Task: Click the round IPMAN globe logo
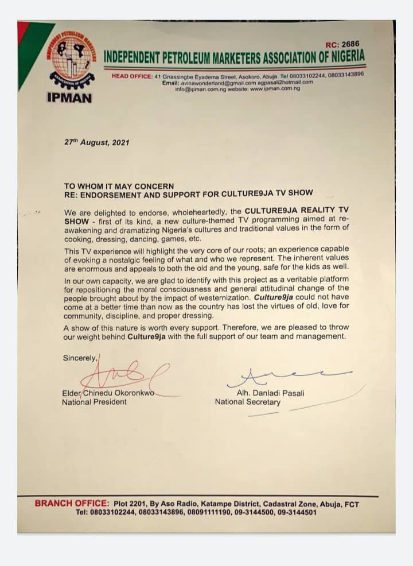coord(72,59)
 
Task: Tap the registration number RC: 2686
coord(344,44)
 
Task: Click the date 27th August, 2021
coord(96,142)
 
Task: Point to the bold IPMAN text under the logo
coord(69,98)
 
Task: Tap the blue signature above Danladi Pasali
coord(287,376)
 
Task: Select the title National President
coord(94,402)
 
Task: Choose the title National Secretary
coord(248,402)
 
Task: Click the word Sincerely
coord(80,358)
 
